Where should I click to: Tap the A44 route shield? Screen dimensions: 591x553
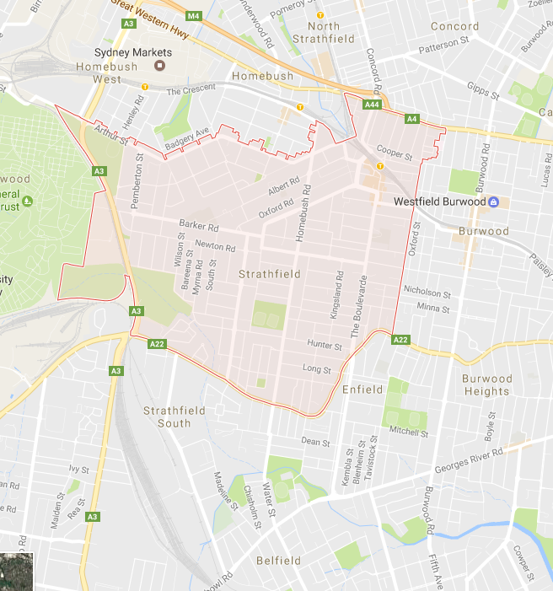[x=372, y=105]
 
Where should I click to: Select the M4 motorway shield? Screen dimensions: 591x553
[x=194, y=16]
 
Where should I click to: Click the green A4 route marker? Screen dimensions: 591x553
[x=412, y=120]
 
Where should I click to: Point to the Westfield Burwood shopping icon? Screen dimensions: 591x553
[x=494, y=202]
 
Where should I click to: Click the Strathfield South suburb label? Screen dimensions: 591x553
[x=167, y=416]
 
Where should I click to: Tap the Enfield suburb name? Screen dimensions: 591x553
[x=362, y=390]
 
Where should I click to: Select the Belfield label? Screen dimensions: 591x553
[x=278, y=561]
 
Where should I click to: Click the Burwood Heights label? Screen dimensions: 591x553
[x=486, y=385]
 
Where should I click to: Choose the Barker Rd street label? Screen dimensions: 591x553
[x=199, y=227]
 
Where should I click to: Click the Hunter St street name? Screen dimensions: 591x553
[x=325, y=346]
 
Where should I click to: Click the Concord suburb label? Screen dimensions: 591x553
[x=454, y=26]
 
